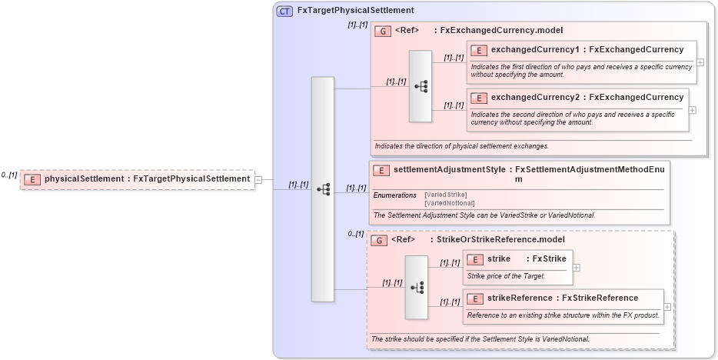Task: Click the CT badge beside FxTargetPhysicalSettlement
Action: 284,11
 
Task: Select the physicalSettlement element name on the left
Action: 85,179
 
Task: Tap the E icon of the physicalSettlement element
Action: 32,179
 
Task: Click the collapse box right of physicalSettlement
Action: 258,179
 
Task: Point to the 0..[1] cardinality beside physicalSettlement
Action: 9,175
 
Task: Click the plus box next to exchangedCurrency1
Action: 700,62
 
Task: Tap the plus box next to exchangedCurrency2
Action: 693,109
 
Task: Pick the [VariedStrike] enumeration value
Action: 446,195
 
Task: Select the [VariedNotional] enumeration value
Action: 450,203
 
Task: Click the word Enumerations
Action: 395,195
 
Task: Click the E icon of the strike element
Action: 475,259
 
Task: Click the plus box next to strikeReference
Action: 667,306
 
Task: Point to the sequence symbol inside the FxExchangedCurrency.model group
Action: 420,87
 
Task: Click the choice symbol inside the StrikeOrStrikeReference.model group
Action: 417,288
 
